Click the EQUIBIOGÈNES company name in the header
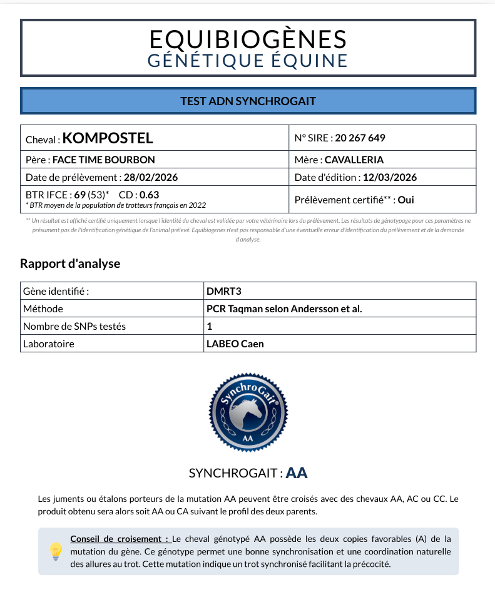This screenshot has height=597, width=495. [x=248, y=39]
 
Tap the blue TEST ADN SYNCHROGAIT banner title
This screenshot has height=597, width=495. [x=248, y=101]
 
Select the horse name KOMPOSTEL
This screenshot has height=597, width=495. [x=108, y=138]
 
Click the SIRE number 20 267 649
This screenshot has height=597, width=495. [x=360, y=138]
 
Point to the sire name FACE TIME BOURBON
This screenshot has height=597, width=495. [x=103, y=160]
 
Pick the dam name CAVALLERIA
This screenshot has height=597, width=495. [x=354, y=160]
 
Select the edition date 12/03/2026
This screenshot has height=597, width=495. [x=389, y=177]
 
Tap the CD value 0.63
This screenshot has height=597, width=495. [x=149, y=194]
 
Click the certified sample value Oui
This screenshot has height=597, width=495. [x=406, y=200]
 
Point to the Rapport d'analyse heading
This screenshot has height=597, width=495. [x=70, y=263]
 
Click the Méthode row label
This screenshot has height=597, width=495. [x=43, y=309]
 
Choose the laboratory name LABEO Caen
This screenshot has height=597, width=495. [x=235, y=344]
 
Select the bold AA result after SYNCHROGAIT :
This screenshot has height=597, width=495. [x=296, y=473]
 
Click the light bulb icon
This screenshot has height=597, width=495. [x=56, y=551]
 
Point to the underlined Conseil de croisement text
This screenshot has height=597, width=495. [x=120, y=539]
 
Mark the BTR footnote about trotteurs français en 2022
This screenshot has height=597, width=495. [x=116, y=205]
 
